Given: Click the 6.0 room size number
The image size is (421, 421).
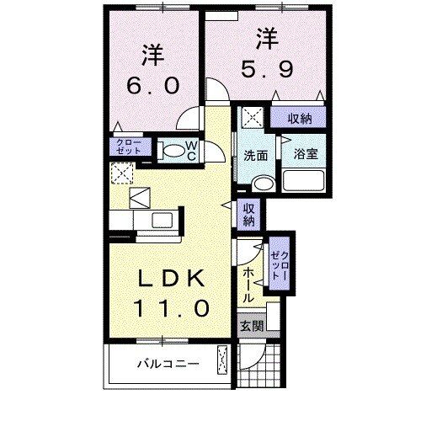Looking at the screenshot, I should click(151, 85).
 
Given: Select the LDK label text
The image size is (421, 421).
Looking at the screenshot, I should click(168, 279).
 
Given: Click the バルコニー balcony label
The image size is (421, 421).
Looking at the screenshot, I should click(168, 365).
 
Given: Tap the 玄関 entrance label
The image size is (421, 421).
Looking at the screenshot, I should click(250, 325).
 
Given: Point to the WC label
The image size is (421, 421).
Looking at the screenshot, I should click(192, 151).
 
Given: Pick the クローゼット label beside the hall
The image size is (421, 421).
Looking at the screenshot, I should click(280, 266).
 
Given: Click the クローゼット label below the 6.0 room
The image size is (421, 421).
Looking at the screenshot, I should click(129, 147).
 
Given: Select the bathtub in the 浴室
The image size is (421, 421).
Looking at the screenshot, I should click(304, 179).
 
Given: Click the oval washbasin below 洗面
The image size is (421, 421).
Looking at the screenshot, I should click(262, 182).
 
